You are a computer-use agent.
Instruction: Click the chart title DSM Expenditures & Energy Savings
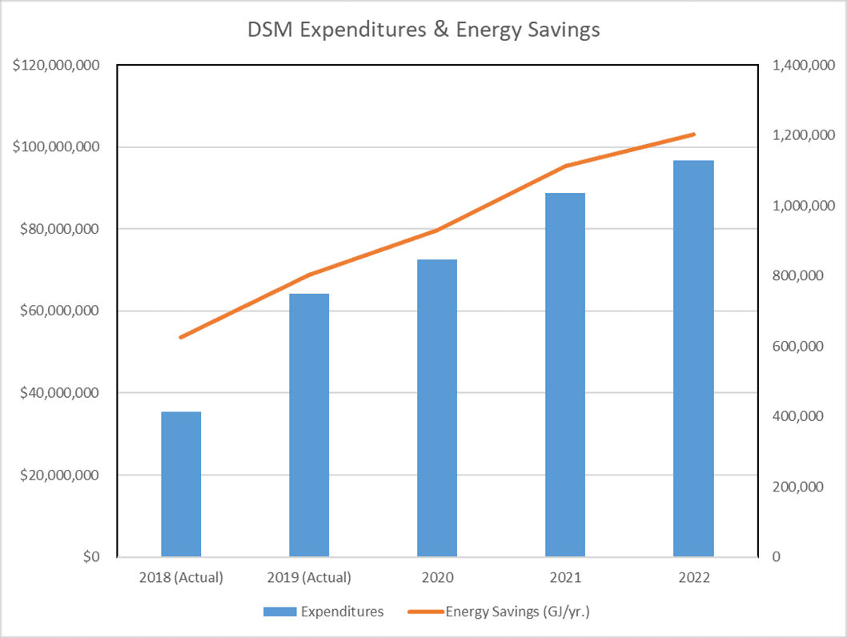click(x=423, y=30)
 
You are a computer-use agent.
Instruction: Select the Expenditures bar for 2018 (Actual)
click(x=181, y=484)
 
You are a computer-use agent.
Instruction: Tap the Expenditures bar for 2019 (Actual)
click(x=309, y=424)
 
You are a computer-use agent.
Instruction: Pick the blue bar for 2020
click(x=437, y=407)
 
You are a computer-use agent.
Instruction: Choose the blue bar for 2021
click(x=565, y=375)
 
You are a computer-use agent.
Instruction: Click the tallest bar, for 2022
click(x=693, y=359)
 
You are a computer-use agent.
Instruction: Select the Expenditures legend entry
click(x=323, y=612)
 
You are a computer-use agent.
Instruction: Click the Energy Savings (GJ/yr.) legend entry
click(x=504, y=612)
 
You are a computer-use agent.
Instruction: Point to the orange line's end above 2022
click(x=693, y=134)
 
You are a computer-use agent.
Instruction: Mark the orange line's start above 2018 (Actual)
click(x=181, y=337)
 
